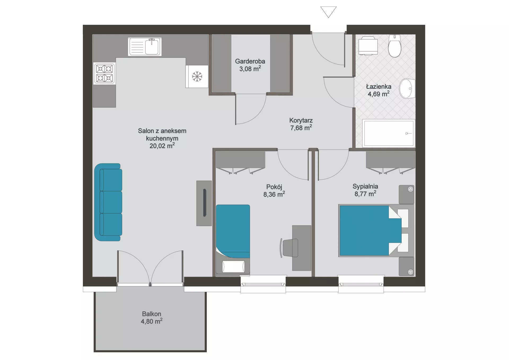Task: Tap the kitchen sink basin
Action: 152,47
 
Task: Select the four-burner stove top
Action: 104,73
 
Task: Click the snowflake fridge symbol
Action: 197,76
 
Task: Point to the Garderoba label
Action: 250,61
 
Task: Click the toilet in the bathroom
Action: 394,46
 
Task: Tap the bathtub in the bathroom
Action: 389,133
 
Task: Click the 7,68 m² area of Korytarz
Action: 301,128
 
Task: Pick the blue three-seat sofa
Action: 108,202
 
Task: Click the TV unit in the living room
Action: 204,203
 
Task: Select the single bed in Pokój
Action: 233,239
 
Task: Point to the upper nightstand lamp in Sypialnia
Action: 410,189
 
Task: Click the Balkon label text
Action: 152,314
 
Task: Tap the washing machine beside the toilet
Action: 368,46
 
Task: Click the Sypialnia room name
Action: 365,186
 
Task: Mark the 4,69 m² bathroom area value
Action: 379,94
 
